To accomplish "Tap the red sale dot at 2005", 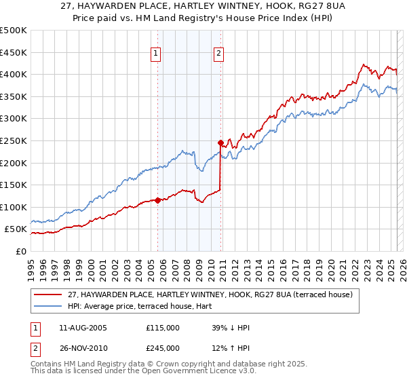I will (x=158, y=200).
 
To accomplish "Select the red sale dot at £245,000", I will (x=220, y=142).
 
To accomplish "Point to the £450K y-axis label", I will (x=14, y=52).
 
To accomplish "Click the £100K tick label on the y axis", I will (x=14, y=207).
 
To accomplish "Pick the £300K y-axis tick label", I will (x=14, y=119).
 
